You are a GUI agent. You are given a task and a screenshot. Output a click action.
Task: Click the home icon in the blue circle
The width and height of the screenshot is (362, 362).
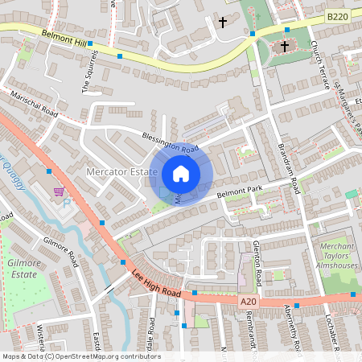[181, 173]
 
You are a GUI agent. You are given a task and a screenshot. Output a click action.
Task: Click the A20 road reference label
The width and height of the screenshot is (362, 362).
[250, 301]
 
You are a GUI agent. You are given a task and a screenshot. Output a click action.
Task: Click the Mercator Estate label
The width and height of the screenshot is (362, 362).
[121, 172]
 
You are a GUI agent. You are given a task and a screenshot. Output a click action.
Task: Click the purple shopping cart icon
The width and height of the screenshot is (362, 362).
[59, 193]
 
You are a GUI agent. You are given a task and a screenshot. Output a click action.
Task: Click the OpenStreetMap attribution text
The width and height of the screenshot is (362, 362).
[80, 356]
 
